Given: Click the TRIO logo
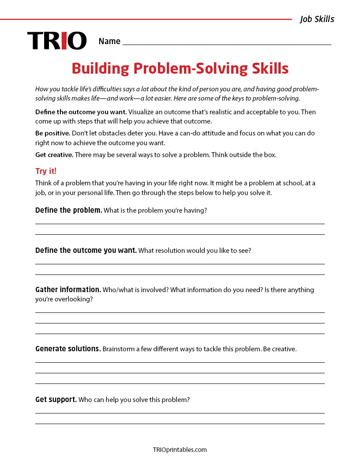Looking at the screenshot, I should tap(57, 41).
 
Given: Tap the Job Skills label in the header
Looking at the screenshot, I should tap(317, 19).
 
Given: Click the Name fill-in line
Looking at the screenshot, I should tap(227, 44).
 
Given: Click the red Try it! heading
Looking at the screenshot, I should tap(46, 171).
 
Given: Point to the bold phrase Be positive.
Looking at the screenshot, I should tap(52, 133).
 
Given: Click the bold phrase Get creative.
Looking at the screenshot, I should tap(54, 154).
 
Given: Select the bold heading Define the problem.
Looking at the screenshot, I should tap(68, 210).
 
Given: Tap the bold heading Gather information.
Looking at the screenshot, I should tap(68, 289).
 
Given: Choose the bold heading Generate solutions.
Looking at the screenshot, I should tap(68, 349).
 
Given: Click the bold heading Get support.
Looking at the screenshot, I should tap(56, 399).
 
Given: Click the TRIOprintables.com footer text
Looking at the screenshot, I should tap(180, 450).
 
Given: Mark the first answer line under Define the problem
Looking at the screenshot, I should tap(180, 224).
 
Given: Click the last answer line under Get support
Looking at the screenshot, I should tap(180, 424).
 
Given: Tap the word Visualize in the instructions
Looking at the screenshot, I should tap(143, 112).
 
